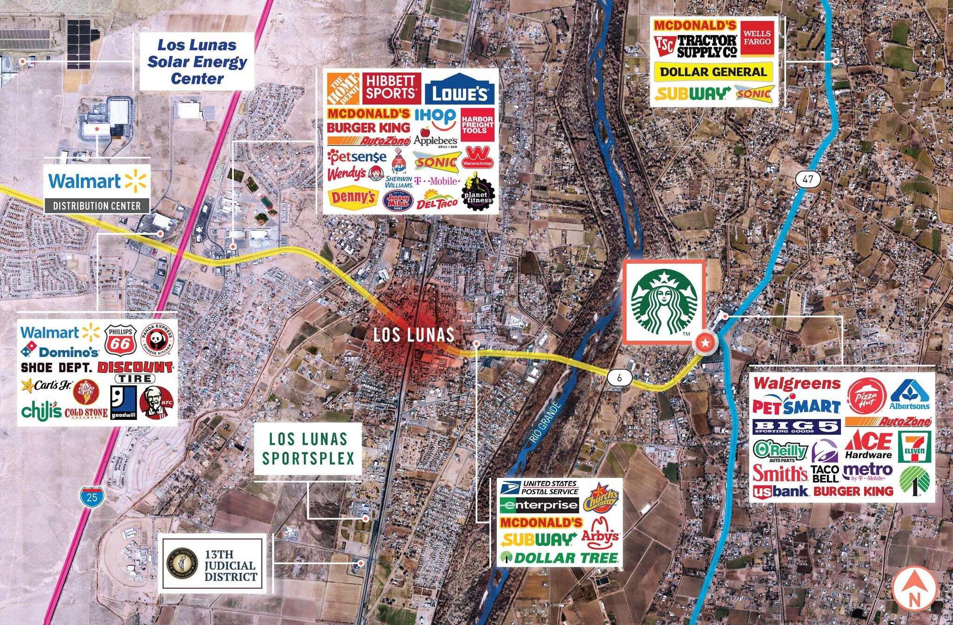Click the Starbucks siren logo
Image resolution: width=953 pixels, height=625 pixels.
point(664,301)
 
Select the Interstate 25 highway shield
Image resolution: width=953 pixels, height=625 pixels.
point(92,496)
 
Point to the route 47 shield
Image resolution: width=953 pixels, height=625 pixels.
point(807,179)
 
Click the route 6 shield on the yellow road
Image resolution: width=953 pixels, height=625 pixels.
point(619,378)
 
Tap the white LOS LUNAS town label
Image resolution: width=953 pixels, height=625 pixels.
point(414,335)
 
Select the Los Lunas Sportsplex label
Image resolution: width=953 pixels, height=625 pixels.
point(308,449)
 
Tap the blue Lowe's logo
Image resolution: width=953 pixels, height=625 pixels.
point(459,90)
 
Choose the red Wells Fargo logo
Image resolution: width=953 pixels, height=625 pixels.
point(757,38)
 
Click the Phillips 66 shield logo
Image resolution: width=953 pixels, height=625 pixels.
point(121,340)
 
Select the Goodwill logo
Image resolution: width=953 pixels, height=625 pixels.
point(123,403)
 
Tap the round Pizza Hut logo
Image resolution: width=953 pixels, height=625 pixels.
point(866,396)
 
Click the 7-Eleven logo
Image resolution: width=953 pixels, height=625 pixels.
point(915,446)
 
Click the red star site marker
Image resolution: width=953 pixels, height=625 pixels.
point(705,343)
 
